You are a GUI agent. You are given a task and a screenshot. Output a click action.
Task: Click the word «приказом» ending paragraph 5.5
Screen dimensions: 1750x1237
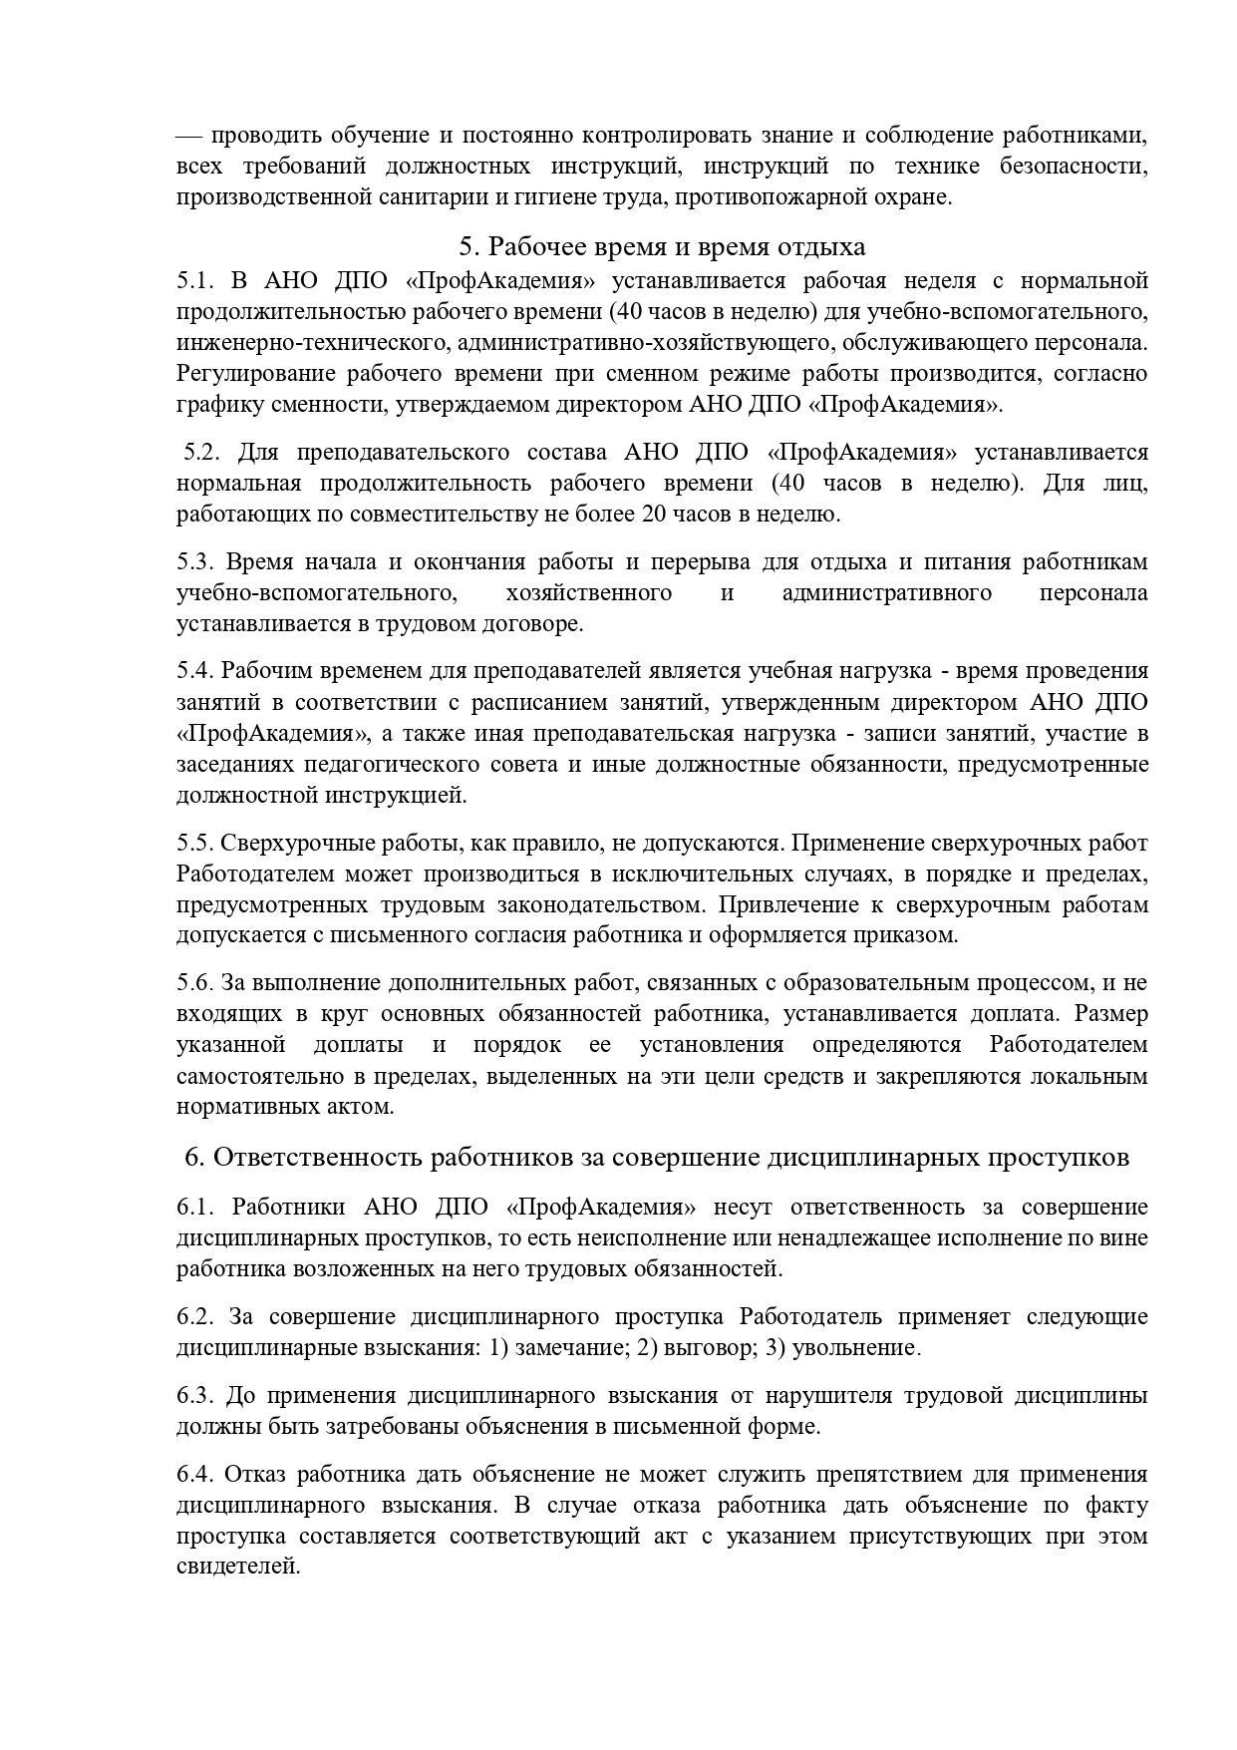911,936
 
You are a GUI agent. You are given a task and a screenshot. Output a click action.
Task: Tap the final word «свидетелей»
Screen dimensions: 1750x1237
236,1567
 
